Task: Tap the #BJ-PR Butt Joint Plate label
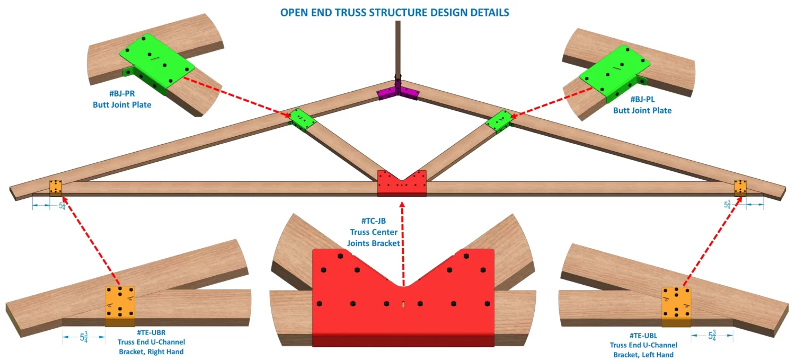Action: [122, 100]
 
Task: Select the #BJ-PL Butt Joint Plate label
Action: [642, 105]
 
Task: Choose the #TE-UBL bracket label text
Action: [643, 345]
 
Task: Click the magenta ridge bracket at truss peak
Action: [397, 92]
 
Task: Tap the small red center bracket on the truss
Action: [402, 183]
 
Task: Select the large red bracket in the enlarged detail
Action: [403, 297]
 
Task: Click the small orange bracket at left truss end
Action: [56, 187]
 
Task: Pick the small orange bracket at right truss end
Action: [740, 187]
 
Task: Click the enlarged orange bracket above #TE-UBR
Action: [120, 305]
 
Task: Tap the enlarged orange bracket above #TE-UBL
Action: [677, 306]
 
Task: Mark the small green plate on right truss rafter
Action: [499, 121]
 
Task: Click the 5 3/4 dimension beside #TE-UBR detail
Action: [83, 337]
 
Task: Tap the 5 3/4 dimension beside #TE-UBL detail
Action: [712, 336]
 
